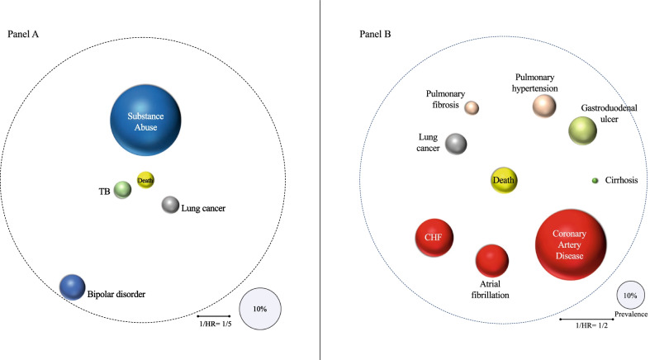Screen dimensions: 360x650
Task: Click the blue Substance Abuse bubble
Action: click(146, 122)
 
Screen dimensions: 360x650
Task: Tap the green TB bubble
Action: click(122, 190)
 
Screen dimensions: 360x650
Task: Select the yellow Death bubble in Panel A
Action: click(145, 181)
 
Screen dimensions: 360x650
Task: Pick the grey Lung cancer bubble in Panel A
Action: click(170, 205)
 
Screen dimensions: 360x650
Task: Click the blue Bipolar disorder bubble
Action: click(72, 286)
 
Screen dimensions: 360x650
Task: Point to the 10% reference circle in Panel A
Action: click(259, 308)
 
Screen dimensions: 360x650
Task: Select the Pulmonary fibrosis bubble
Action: click(472, 107)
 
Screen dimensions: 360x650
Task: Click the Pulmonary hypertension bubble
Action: click(544, 105)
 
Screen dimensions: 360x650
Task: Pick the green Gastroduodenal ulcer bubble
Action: click(582, 130)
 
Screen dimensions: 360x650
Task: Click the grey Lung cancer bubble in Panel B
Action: click(456, 144)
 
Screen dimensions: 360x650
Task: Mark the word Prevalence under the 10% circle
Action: click(630, 315)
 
